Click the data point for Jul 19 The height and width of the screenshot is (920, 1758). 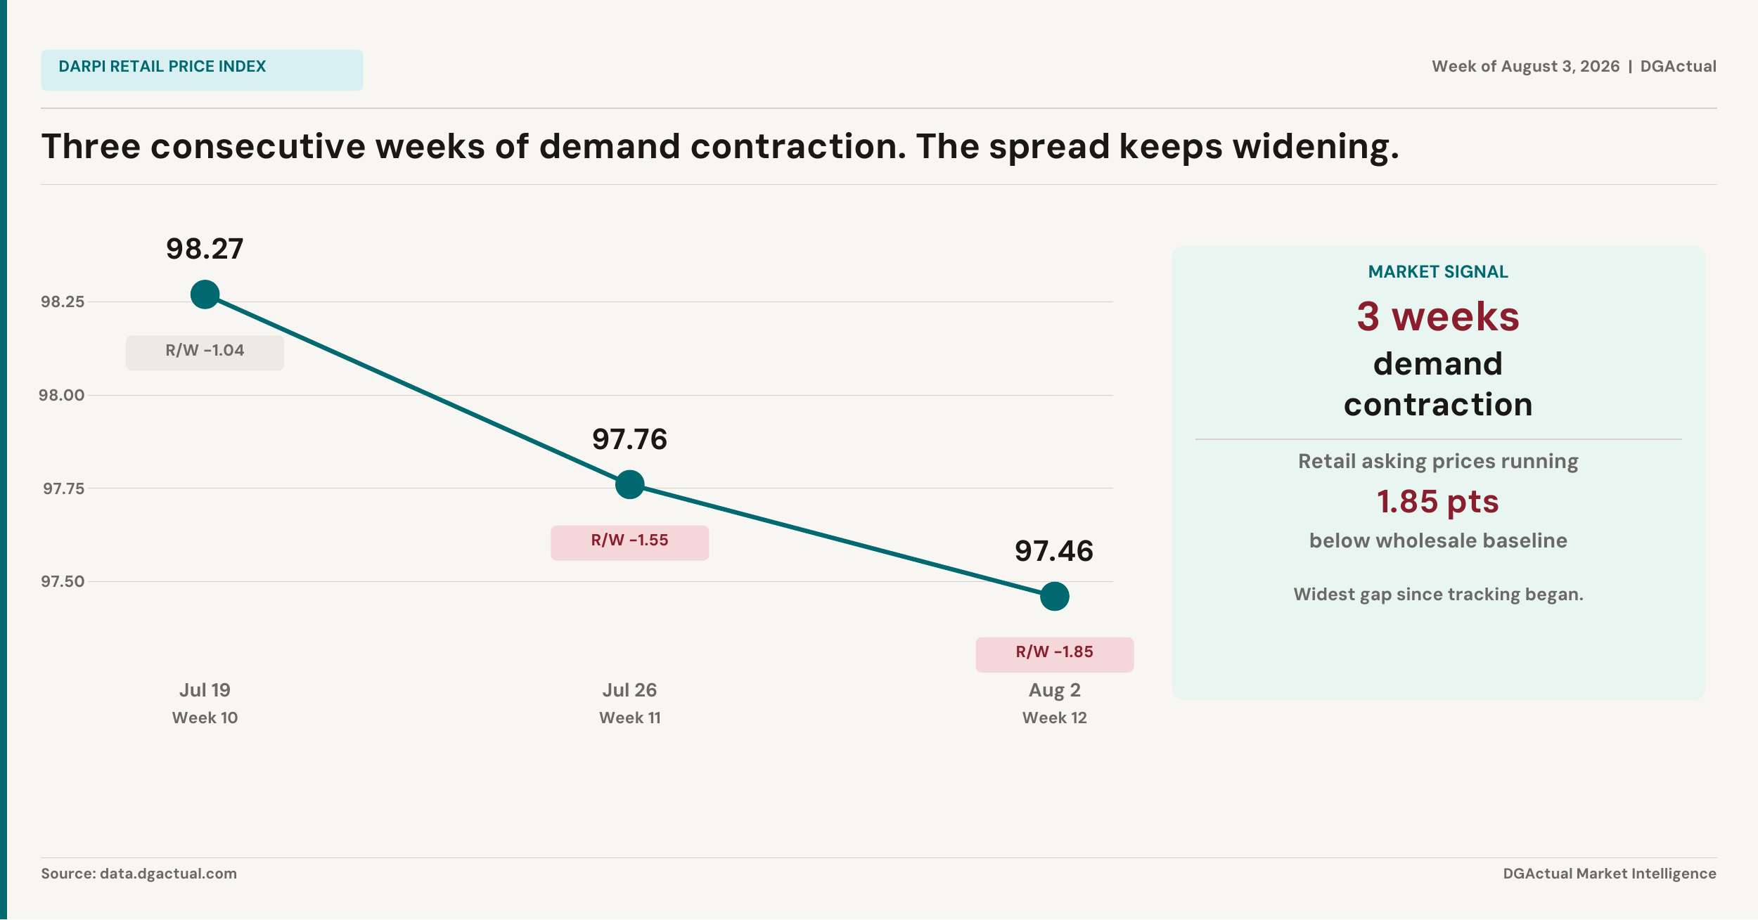pyautogui.click(x=205, y=294)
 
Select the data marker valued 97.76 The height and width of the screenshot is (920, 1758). pyautogui.click(x=629, y=484)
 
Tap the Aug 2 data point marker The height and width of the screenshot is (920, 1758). pyautogui.click(x=1054, y=596)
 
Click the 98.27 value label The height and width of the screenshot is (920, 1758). pyautogui.click(x=205, y=249)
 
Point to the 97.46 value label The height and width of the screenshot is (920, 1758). pyautogui.click(x=1054, y=551)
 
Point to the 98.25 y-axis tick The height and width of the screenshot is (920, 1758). pyautogui.click(x=63, y=302)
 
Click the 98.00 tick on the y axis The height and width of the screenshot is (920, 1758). pyautogui.click(x=61, y=395)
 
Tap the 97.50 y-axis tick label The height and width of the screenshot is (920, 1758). pyautogui.click(x=63, y=581)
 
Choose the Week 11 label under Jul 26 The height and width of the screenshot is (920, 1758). pyautogui.click(x=629, y=718)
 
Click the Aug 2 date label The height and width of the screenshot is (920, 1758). pyautogui.click(x=1054, y=690)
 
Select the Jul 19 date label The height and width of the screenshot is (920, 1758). pyautogui.click(x=205, y=689)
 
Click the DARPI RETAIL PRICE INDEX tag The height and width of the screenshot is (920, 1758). pyautogui.click(x=202, y=70)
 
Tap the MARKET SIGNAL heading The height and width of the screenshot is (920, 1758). pyautogui.click(x=1438, y=272)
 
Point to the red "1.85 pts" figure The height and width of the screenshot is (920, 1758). pyautogui.click(x=1438, y=502)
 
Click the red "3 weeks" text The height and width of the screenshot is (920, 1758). pyautogui.click(x=1438, y=316)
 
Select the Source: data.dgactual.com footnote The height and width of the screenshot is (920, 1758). pyautogui.click(x=139, y=874)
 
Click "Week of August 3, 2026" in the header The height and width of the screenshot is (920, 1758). pyautogui.click(x=1525, y=66)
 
